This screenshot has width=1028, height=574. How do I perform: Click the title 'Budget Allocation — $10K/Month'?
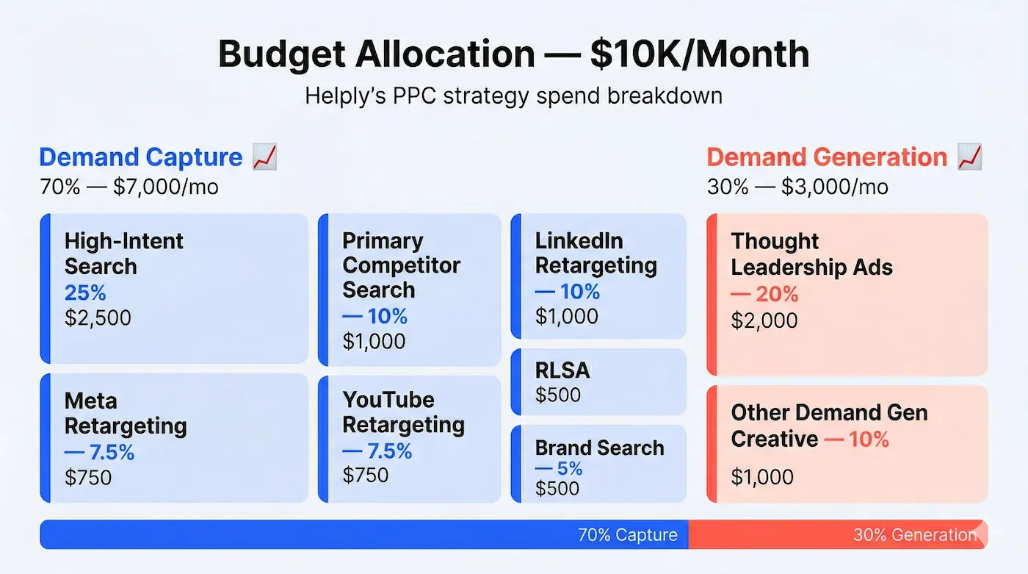point(513,55)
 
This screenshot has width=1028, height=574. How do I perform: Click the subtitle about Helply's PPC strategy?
point(513,96)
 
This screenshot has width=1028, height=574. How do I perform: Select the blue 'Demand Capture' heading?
point(140,157)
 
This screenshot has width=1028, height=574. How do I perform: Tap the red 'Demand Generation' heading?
point(827,157)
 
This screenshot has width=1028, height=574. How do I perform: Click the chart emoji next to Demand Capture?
point(264,157)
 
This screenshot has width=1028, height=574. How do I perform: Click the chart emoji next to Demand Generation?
point(970,157)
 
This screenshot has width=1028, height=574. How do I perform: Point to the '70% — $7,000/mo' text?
point(129,187)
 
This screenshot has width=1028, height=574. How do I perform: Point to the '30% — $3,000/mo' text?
point(797,187)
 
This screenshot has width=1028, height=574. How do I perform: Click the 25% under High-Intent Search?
point(85,293)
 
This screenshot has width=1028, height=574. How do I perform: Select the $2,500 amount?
point(98,318)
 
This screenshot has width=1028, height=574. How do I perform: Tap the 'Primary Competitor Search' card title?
point(401,265)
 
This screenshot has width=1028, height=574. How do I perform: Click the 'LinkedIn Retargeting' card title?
point(596,253)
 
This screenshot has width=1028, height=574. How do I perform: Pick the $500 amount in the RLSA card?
point(557,395)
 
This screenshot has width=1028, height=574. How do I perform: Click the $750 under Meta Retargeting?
point(88,478)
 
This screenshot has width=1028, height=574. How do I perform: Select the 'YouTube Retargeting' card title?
point(403,412)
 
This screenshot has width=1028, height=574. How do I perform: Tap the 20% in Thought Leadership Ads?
point(764,294)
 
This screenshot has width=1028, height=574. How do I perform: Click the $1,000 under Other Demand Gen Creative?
point(762,477)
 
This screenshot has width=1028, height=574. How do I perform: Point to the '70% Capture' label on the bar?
point(627,534)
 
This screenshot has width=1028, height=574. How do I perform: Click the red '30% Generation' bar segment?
point(837,534)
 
